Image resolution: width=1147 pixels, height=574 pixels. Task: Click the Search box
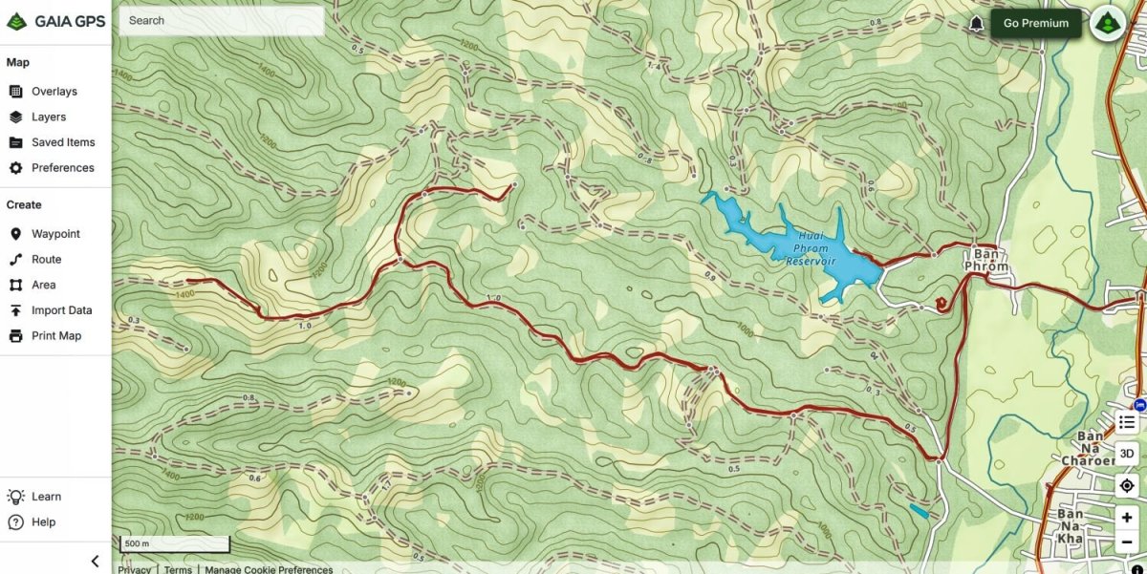pos(221,20)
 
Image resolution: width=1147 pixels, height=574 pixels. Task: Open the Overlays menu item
pos(54,92)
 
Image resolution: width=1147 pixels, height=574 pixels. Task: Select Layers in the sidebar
pos(48,117)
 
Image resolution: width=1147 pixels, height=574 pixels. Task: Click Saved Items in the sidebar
pos(62,142)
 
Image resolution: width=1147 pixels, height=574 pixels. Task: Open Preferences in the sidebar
pos(62,168)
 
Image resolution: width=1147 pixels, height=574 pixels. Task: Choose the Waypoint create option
pos(55,234)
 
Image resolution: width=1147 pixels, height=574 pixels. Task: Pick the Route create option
pos(46,260)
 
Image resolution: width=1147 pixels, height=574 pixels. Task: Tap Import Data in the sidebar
pos(61,310)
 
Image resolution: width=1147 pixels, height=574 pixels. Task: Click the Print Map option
pos(55,336)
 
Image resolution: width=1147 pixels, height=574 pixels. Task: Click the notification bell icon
pos(976,24)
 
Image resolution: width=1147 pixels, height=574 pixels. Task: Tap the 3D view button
pos(1127,454)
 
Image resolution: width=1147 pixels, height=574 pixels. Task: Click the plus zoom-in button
pos(1127,518)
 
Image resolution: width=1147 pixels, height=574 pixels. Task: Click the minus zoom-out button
pos(1127,542)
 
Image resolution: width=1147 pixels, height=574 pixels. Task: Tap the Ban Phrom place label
pos(985,260)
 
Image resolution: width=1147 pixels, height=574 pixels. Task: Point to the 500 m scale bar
pos(174,544)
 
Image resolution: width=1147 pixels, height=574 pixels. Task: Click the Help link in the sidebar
pos(43,522)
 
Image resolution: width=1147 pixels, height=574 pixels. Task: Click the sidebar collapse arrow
pos(95,561)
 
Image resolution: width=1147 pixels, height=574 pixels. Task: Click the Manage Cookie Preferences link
pos(269,569)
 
